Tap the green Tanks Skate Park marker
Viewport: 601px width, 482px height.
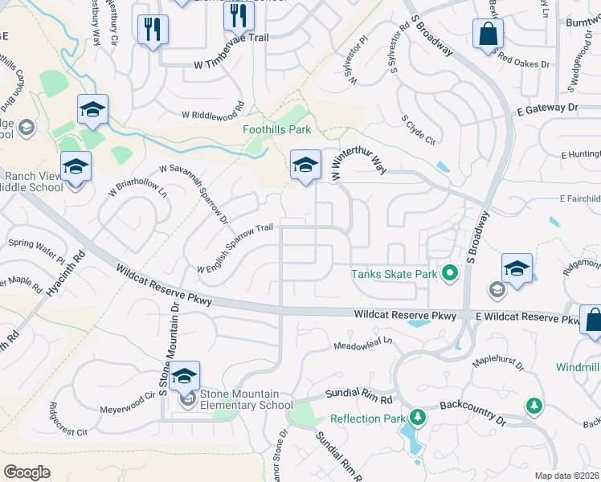pos(450,274)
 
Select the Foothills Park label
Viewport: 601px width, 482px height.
pos(277,129)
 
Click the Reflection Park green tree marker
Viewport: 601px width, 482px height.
pos(417,418)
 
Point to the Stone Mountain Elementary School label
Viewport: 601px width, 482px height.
pos(246,399)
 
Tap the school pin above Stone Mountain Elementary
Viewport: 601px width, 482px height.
pos(185,377)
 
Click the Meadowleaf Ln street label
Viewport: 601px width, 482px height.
pos(363,345)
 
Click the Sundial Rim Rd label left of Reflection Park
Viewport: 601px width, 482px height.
pos(358,397)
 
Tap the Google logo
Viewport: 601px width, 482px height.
pos(27,472)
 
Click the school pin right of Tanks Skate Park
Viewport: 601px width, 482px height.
pos(517,269)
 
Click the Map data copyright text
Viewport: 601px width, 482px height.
pos(567,476)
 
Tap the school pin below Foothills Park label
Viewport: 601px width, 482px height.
pos(305,165)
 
